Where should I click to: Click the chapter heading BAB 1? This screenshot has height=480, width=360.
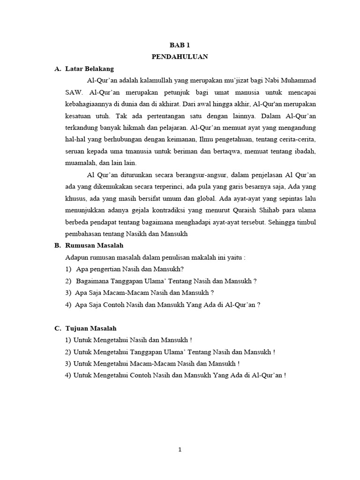pos(180,45)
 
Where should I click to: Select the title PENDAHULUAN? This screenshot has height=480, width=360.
pos(180,57)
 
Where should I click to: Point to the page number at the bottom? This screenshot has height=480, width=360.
pos(180,450)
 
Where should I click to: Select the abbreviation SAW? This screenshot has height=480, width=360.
pos(73,92)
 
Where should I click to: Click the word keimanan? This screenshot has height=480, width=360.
pos(182,139)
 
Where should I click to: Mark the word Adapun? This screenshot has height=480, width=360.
pos(76,257)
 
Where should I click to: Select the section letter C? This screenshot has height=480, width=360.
pos(57,329)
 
